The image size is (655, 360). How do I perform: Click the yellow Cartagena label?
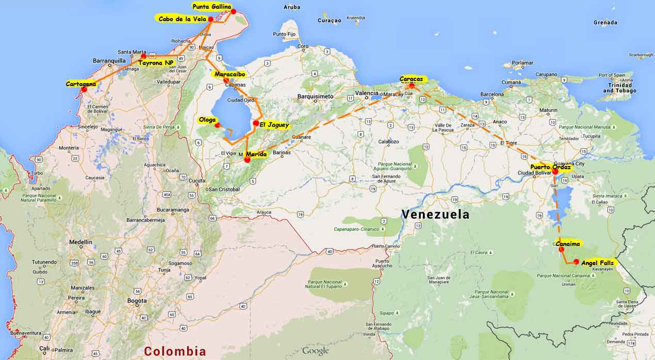click(81, 84)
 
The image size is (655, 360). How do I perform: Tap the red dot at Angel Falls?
click(576, 261)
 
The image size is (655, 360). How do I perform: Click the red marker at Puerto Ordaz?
click(555, 172)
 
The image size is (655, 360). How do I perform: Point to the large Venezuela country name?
click(435, 214)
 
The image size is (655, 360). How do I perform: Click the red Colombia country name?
click(175, 352)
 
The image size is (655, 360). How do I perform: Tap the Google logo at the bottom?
click(315, 351)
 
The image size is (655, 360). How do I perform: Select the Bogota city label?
click(137, 301)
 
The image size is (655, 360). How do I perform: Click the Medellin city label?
click(80, 242)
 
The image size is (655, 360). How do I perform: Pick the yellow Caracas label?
click(411, 79)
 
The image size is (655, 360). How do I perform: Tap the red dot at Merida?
click(247, 160)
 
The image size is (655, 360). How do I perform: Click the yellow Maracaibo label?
click(227, 74)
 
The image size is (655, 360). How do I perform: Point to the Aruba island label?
click(292, 7)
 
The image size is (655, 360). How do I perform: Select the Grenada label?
click(605, 23)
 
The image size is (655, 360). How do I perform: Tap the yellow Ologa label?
click(207, 120)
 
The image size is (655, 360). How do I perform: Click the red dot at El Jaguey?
click(256, 123)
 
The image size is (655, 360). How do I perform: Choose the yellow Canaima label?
click(568, 243)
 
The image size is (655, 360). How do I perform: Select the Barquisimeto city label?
click(315, 96)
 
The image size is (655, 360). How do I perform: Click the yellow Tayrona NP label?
click(156, 62)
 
